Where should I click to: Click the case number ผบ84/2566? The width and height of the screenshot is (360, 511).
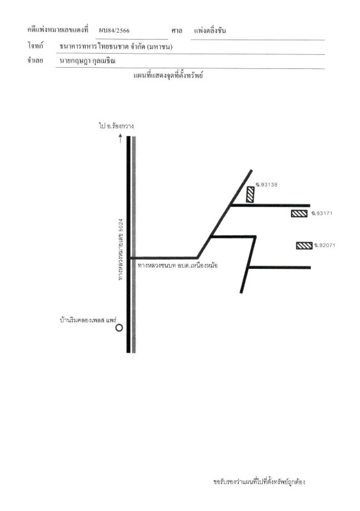point(114,31)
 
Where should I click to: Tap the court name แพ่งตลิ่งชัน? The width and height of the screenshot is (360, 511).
point(210,31)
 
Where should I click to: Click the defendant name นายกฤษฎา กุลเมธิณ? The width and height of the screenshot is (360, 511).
point(87,61)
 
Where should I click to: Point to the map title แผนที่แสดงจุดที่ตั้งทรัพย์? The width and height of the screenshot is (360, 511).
point(169,75)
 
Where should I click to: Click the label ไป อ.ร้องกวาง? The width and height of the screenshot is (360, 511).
point(116,126)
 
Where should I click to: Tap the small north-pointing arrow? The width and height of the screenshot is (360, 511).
point(120,138)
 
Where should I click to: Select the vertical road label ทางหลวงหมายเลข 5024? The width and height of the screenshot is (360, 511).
point(121,249)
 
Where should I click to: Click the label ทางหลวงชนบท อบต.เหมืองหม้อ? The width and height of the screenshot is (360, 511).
point(177,266)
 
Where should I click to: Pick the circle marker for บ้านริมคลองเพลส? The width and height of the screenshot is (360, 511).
point(119,328)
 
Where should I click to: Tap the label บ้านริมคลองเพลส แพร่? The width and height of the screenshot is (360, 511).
point(88,320)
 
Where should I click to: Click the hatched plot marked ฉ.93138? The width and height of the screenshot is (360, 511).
point(250,195)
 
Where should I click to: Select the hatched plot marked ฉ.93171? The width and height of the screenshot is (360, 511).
point(299,214)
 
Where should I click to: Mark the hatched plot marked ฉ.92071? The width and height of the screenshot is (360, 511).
point(304,245)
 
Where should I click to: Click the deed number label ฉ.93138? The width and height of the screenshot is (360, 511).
point(267,185)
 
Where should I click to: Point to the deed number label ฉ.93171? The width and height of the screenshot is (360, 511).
point(322,213)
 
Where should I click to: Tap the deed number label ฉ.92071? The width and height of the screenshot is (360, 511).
point(324,245)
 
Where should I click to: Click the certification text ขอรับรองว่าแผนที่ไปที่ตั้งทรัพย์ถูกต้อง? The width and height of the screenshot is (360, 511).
point(259,482)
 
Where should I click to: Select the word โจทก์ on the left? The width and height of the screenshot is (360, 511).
point(35,45)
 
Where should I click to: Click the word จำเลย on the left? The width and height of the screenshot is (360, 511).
point(35,60)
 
